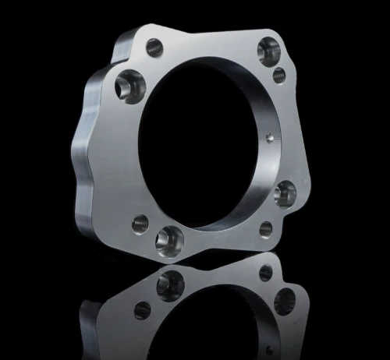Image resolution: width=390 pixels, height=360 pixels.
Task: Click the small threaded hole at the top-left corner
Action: coord(154,47)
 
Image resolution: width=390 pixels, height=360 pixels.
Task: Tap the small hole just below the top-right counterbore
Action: coord(278,76)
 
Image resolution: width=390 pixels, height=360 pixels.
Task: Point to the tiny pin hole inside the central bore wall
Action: coord(269,139)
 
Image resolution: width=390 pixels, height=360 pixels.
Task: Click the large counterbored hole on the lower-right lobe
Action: coord(285,192)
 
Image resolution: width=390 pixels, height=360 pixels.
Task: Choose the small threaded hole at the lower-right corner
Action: coord(265,228)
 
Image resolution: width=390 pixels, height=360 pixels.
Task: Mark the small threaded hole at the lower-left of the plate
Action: coord(141,224)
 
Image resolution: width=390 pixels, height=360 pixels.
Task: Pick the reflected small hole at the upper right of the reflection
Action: coord(266,272)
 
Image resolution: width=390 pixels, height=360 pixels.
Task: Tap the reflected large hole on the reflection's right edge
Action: coord(285,300)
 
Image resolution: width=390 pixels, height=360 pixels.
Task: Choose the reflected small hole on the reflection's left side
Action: coord(142,309)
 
